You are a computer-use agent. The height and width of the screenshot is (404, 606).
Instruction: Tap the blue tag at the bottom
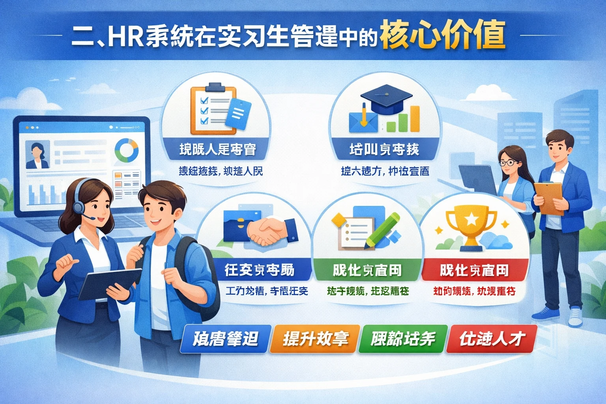coord(226,339)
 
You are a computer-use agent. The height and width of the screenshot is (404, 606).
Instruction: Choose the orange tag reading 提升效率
coord(315,339)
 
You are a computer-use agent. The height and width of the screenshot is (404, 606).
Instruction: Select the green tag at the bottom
coord(403,339)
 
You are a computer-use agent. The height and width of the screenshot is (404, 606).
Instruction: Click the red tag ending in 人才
coord(492,339)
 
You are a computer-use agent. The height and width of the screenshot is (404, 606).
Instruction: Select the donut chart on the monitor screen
coord(127,150)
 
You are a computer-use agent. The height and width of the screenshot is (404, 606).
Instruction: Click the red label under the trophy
coord(474,270)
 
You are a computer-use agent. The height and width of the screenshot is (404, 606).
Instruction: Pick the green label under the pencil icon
coord(367,270)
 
